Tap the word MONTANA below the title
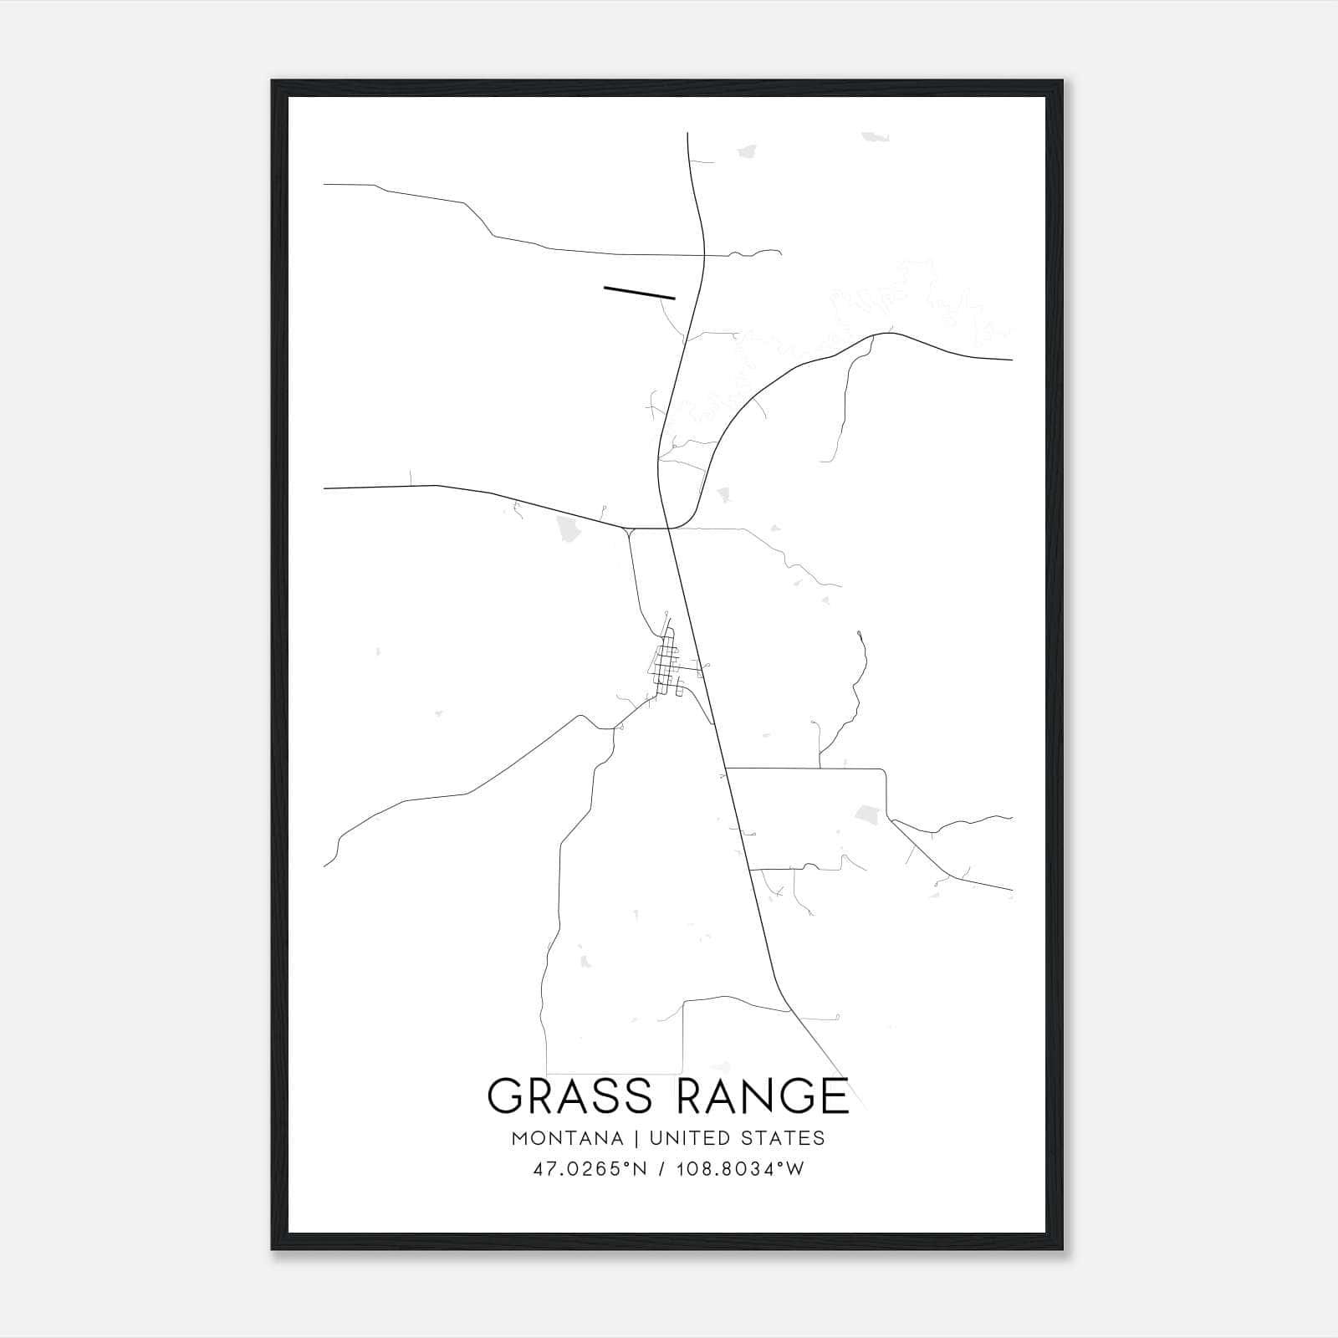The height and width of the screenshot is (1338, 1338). click(x=567, y=1138)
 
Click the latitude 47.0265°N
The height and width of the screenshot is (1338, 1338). click(x=590, y=1169)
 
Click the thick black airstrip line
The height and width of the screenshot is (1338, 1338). click(x=639, y=292)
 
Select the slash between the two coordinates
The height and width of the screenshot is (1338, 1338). click(x=661, y=1169)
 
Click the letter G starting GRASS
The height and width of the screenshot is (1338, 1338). click(x=506, y=1096)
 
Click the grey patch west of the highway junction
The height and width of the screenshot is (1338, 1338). click(x=566, y=529)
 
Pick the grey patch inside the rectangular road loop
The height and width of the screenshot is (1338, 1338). click(x=868, y=812)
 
